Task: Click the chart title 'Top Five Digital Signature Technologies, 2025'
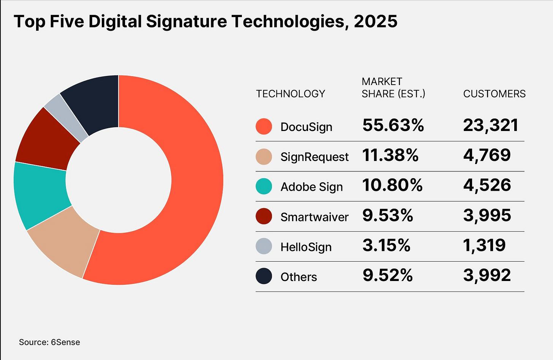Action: (205, 22)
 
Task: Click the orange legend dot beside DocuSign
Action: (264, 126)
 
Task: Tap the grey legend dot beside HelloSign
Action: (264, 246)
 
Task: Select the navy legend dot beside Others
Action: (264, 276)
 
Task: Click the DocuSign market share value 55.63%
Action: (393, 125)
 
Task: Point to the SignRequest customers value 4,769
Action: (487, 155)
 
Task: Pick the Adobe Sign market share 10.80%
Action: (392, 185)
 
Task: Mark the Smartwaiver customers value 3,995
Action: (487, 215)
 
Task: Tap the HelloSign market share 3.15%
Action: (386, 245)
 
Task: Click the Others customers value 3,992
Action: (487, 275)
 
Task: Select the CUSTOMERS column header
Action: (494, 94)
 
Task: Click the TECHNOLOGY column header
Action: (291, 94)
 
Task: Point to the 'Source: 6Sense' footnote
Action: (49, 342)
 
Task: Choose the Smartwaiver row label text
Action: (314, 217)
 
